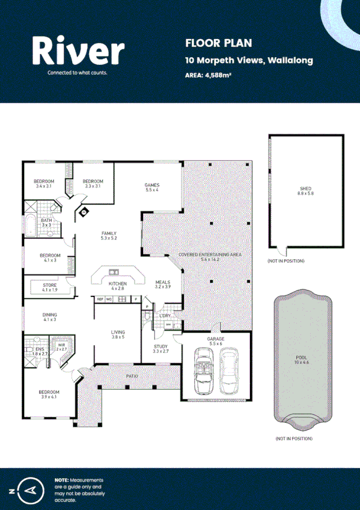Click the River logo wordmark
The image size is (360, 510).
(78, 51)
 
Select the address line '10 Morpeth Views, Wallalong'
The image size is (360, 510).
(249, 60)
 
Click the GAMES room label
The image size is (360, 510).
(151, 187)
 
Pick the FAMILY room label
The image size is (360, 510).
(109, 236)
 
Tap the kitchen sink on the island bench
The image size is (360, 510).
(113, 272)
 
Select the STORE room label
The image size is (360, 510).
(49, 287)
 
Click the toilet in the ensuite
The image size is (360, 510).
(28, 350)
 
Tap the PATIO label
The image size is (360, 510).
(132, 376)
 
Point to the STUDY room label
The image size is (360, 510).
(160, 349)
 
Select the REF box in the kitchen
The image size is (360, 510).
(100, 299)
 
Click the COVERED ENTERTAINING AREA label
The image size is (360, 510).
(210, 257)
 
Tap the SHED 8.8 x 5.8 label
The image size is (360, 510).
(306, 191)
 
